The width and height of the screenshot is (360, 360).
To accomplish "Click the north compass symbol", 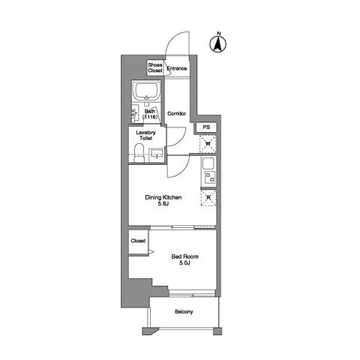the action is (x=218, y=43).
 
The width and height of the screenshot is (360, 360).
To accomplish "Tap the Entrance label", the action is (x=177, y=68).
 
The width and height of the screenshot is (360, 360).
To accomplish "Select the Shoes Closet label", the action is (x=155, y=67).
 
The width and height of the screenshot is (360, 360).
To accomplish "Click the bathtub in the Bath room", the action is (x=146, y=91).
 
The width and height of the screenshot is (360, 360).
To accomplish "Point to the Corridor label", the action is (x=176, y=114).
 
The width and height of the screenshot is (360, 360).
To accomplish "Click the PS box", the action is (x=206, y=127).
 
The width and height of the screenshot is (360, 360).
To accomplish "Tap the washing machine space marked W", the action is (x=208, y=144).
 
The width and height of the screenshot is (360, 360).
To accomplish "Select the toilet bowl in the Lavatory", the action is (x=139, y=153).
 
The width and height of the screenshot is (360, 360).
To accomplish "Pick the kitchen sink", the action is (x=208, y=163).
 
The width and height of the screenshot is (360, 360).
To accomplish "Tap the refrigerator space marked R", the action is (x=208, y=198).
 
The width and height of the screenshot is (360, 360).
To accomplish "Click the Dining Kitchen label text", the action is (x=163, y=197).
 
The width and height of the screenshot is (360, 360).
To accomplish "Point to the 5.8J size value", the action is (x=163, y=204).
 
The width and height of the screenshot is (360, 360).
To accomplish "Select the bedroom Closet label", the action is (x=138, y=241).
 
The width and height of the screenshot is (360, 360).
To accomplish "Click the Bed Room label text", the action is (x=184, y=256).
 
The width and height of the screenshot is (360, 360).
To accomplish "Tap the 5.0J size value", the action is (x=184, y=262).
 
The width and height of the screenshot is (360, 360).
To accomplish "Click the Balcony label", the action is (x=184, y=312).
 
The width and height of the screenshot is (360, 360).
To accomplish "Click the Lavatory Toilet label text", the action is (x=145, y=135).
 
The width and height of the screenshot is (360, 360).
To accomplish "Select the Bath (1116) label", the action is (x=150, y=114).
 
